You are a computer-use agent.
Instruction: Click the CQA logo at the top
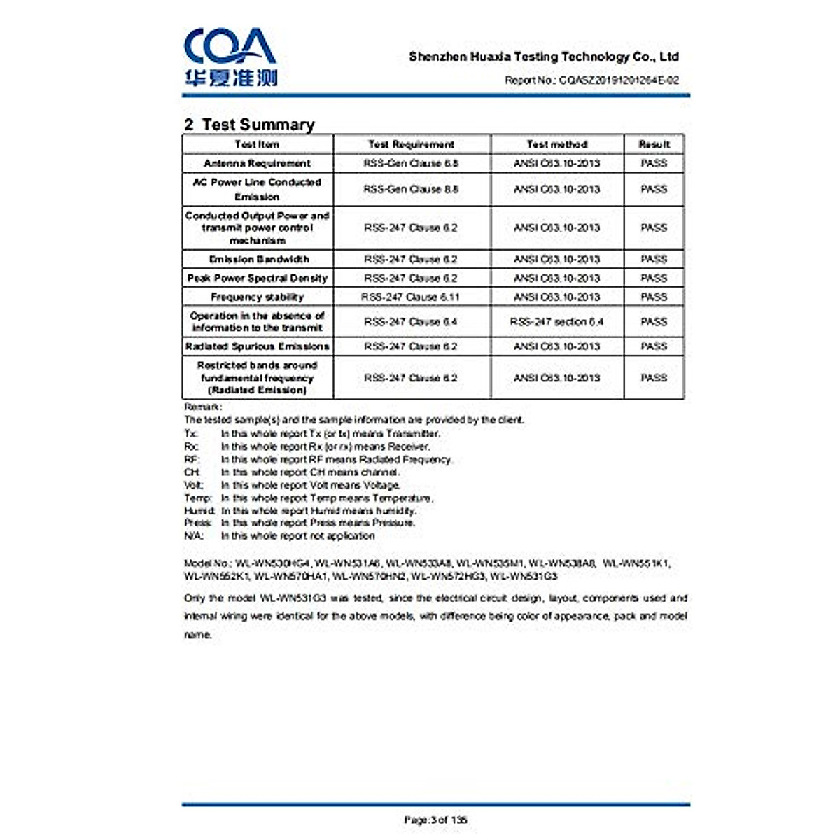click(x=230, y=57)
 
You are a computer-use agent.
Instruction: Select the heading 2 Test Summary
click(x=249, y=125)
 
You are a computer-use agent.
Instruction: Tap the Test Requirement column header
click(x=412, y=144)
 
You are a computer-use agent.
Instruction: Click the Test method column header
click(x=556, y=144)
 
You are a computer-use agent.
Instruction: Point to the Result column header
click(x=654, y=144)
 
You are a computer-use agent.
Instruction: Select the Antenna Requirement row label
click(x=257, y=163)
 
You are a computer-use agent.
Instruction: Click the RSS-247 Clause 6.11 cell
click(x=411, y=297)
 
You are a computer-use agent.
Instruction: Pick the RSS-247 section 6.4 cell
click(x=556, y=322)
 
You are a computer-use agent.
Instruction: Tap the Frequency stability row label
click(x=257, y=297)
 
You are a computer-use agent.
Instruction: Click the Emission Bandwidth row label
click(x=258, y=259)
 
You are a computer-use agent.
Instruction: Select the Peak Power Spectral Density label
click(x=257, y=278)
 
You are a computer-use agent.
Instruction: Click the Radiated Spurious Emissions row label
click(x=257, y=346)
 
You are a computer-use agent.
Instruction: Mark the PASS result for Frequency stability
click(x=654, y=297)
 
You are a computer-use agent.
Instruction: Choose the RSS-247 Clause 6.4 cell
click(x=411, y=322)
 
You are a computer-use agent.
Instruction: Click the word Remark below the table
click(x=202, y=407)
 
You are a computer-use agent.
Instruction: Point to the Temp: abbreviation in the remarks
click(x=198, y=498)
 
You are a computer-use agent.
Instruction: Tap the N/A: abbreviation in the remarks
click(x=194, y=536)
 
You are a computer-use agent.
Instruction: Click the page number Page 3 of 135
click(x=435, y=820)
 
